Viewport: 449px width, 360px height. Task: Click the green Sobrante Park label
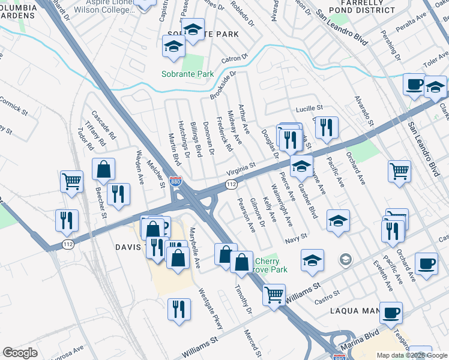click(187, 74)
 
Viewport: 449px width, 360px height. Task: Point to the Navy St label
click(296, 239)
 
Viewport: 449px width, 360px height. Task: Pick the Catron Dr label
click(234, 59)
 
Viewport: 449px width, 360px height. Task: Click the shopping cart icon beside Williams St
click(274, 294)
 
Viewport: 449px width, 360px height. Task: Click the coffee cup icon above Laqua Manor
click(391, 312)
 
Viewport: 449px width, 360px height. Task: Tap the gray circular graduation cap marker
click(345, 260)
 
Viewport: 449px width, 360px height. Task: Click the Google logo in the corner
click(20, 353)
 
